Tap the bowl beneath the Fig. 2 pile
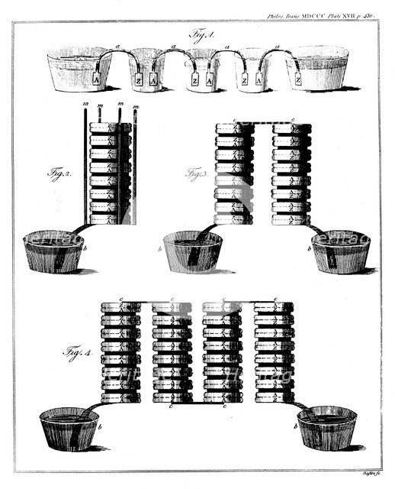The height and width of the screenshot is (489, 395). point(53,251)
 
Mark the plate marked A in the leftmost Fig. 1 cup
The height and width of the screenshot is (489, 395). point(98,79)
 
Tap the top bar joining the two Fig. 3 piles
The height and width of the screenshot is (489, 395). point(263,121)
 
